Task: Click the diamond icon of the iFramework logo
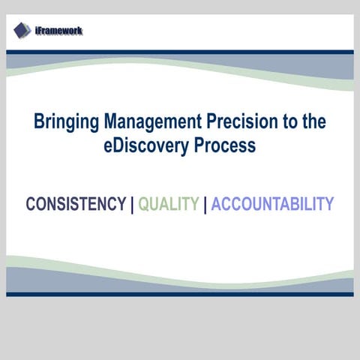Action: click(22, 30)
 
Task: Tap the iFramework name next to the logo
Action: click(58, 31)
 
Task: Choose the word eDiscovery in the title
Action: click(146, 145)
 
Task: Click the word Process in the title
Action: click(224, 145)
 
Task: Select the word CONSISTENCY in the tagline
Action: click(76, 204)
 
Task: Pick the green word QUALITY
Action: click(169, 204)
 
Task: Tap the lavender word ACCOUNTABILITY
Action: click(272, 204)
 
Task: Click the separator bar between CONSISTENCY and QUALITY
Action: click(132, 205)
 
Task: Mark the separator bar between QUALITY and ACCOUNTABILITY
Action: click(205, 205)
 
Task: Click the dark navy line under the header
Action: click(180, 52)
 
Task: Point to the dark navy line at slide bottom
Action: click(180, 294)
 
